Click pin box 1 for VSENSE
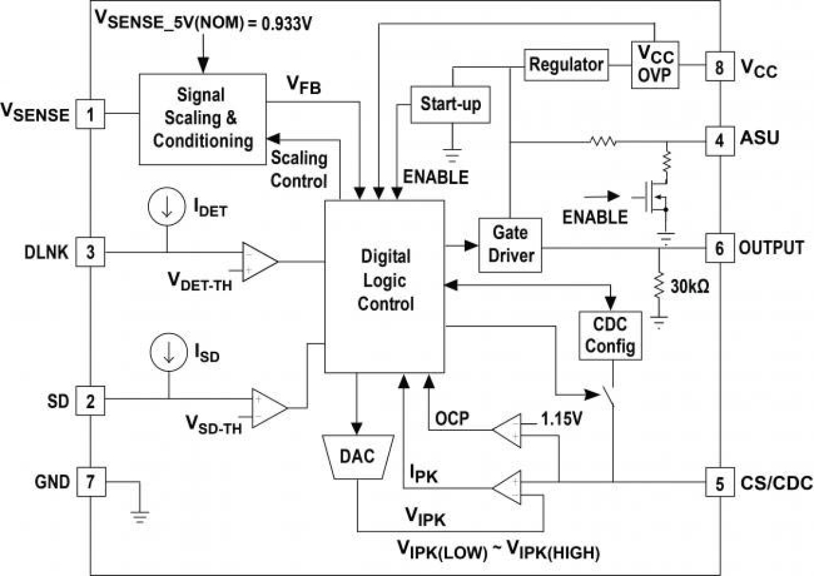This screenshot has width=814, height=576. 91,116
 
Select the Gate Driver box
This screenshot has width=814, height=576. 509,244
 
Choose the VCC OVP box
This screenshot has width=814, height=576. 655,65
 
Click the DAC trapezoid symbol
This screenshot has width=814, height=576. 356,456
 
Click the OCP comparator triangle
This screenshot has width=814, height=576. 508,430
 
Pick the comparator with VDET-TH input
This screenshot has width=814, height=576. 259,261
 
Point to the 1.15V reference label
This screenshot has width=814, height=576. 562,419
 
